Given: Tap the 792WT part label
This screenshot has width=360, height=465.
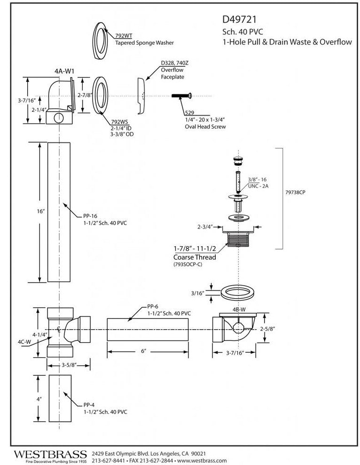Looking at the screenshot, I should tap(124, 35).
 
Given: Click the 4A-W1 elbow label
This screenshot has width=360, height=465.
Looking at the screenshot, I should tap(65, 71).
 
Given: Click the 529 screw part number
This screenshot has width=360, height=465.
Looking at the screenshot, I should tap(190, 113).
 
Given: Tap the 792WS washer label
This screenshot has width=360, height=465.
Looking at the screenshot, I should tap(119, 121).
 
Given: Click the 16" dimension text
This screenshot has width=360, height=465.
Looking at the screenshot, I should tap(40, 212).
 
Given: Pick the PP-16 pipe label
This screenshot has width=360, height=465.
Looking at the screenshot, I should tap(90, 216).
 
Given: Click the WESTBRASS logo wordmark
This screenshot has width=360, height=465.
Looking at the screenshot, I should tap(51, 454).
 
